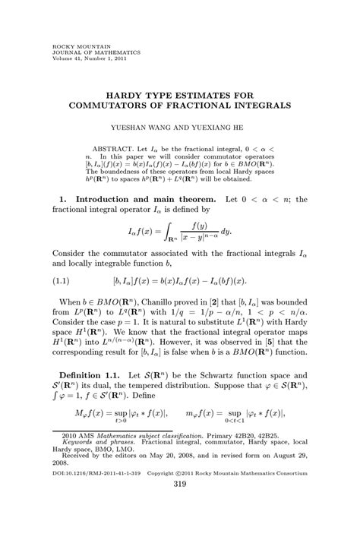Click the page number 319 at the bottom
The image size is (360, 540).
pos(180,526)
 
